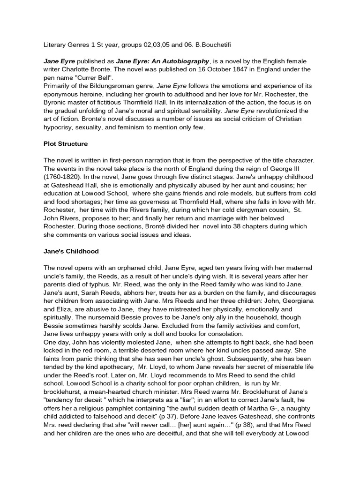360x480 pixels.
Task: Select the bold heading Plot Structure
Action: point(67,143)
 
